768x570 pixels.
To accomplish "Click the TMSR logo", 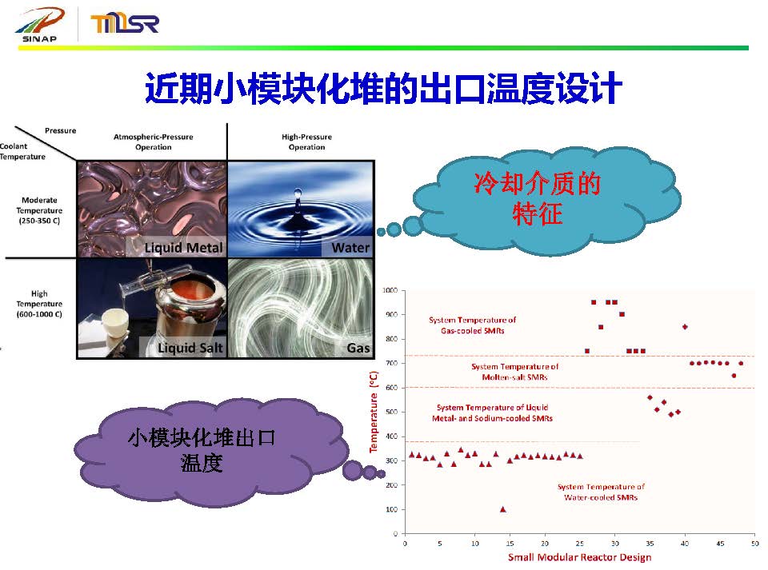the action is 125,23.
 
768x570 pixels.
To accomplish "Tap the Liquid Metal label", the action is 184,248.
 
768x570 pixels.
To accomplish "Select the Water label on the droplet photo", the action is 350,248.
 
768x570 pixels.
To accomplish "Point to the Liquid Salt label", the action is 190,348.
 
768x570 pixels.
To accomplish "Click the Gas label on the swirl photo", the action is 358,348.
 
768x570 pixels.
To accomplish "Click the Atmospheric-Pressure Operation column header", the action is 154,142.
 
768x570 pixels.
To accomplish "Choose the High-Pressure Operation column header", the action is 306,142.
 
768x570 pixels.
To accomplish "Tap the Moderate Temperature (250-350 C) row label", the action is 39,210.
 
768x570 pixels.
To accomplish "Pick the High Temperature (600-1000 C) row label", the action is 39,304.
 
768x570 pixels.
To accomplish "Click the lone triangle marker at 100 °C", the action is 503,509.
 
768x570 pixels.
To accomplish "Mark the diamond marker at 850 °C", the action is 686,327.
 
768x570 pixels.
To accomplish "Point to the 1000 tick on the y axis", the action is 390,290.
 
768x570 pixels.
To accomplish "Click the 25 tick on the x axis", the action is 580,543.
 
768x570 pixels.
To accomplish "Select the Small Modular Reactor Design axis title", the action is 579,557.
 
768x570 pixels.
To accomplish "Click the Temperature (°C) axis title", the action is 374,412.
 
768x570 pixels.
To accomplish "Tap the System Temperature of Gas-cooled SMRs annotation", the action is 473,325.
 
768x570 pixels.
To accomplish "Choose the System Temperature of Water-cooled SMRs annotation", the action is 601,492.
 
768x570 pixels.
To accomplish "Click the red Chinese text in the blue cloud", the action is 538,198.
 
